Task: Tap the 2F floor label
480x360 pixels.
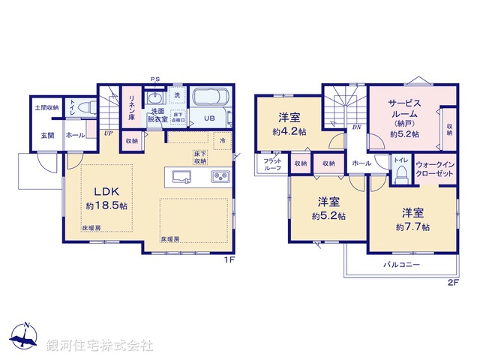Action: (x=452, y=282)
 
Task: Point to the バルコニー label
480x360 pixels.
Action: (x=402, y=265)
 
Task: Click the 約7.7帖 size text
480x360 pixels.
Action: (x=414, y=226)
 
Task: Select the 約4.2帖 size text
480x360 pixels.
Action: (x=290, y=131)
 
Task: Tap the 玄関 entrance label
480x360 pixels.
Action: (x=48, y=136)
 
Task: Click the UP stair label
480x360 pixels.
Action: (x=109, y=133)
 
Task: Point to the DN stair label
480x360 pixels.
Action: (x=356, y=128)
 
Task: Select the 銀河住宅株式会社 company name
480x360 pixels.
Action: (x=99, y=346)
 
